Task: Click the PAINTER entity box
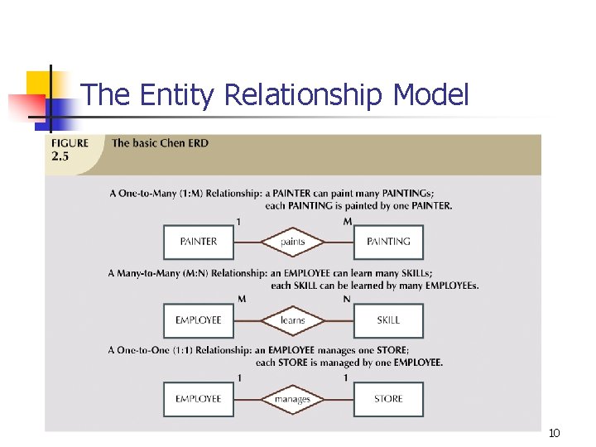point(199,242)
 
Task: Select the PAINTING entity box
point(388,242)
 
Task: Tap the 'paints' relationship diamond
point(293,242)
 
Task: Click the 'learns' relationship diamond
point(293,320)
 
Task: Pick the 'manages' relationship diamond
point(293,399)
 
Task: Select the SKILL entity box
point(388,320)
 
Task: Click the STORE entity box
point(388,399)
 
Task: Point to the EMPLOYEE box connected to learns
point(199,320)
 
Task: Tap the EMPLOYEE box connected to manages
point(199,399)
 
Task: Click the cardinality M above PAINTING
point(348,221)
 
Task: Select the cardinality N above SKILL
point(348,299)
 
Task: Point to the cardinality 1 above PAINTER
point(239,221)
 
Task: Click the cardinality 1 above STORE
point(346,377)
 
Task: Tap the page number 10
point(555,433)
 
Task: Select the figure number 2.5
point(60,156)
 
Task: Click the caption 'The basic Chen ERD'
point(160,143)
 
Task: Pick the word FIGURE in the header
point(70,143)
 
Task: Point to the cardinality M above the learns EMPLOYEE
point(241,299)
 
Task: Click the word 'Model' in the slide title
point(430,95)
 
